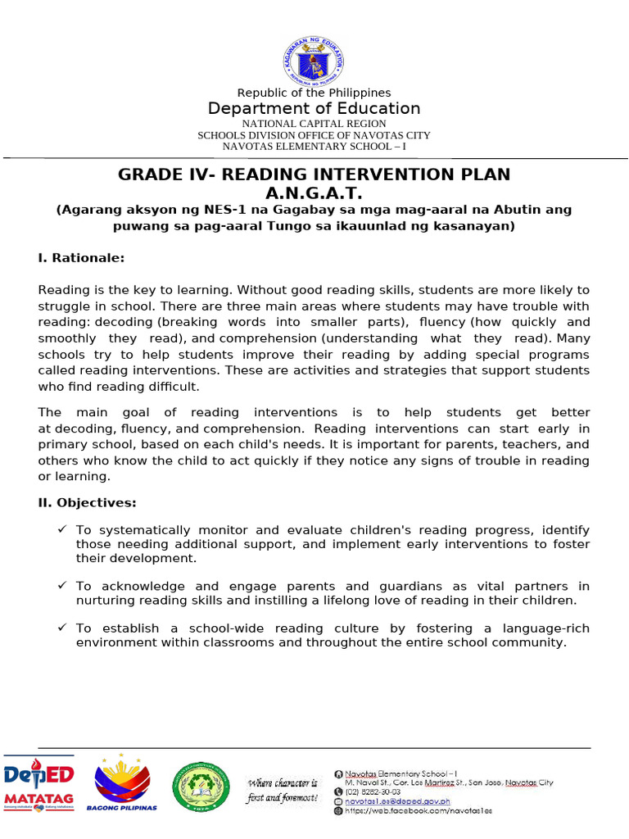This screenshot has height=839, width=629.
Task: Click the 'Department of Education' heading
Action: click(314, 109)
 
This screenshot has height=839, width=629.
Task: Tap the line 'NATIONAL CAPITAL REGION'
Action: click(314, 124)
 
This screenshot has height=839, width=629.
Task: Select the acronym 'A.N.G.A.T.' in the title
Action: click(314, 193)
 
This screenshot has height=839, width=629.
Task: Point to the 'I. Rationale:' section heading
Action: click(81, 257)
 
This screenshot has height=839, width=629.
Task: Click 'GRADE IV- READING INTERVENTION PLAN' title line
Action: click(314, 175)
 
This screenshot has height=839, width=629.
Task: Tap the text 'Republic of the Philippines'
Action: click(314, 93)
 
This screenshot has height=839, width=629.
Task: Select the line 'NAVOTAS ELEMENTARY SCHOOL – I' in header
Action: click(314, 146)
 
